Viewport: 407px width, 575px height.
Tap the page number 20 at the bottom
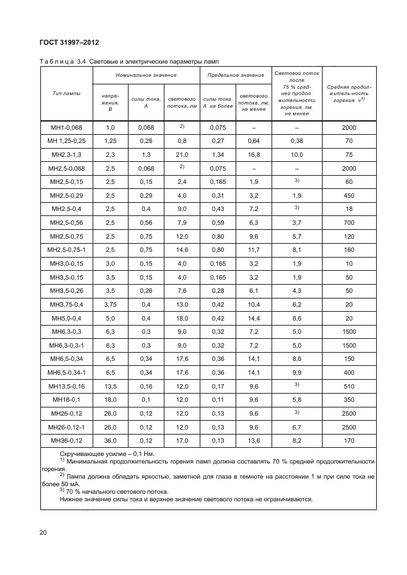43,533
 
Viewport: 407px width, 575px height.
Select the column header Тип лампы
66,93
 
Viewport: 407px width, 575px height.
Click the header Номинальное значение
146,75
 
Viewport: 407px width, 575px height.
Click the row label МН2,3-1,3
66,154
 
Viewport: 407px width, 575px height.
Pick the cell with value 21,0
181,154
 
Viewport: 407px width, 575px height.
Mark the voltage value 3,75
111,304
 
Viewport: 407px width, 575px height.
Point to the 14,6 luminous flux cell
181,249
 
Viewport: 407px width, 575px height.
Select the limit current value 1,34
217,154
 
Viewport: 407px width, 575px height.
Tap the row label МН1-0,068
66,127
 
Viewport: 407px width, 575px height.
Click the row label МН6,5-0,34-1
66,372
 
